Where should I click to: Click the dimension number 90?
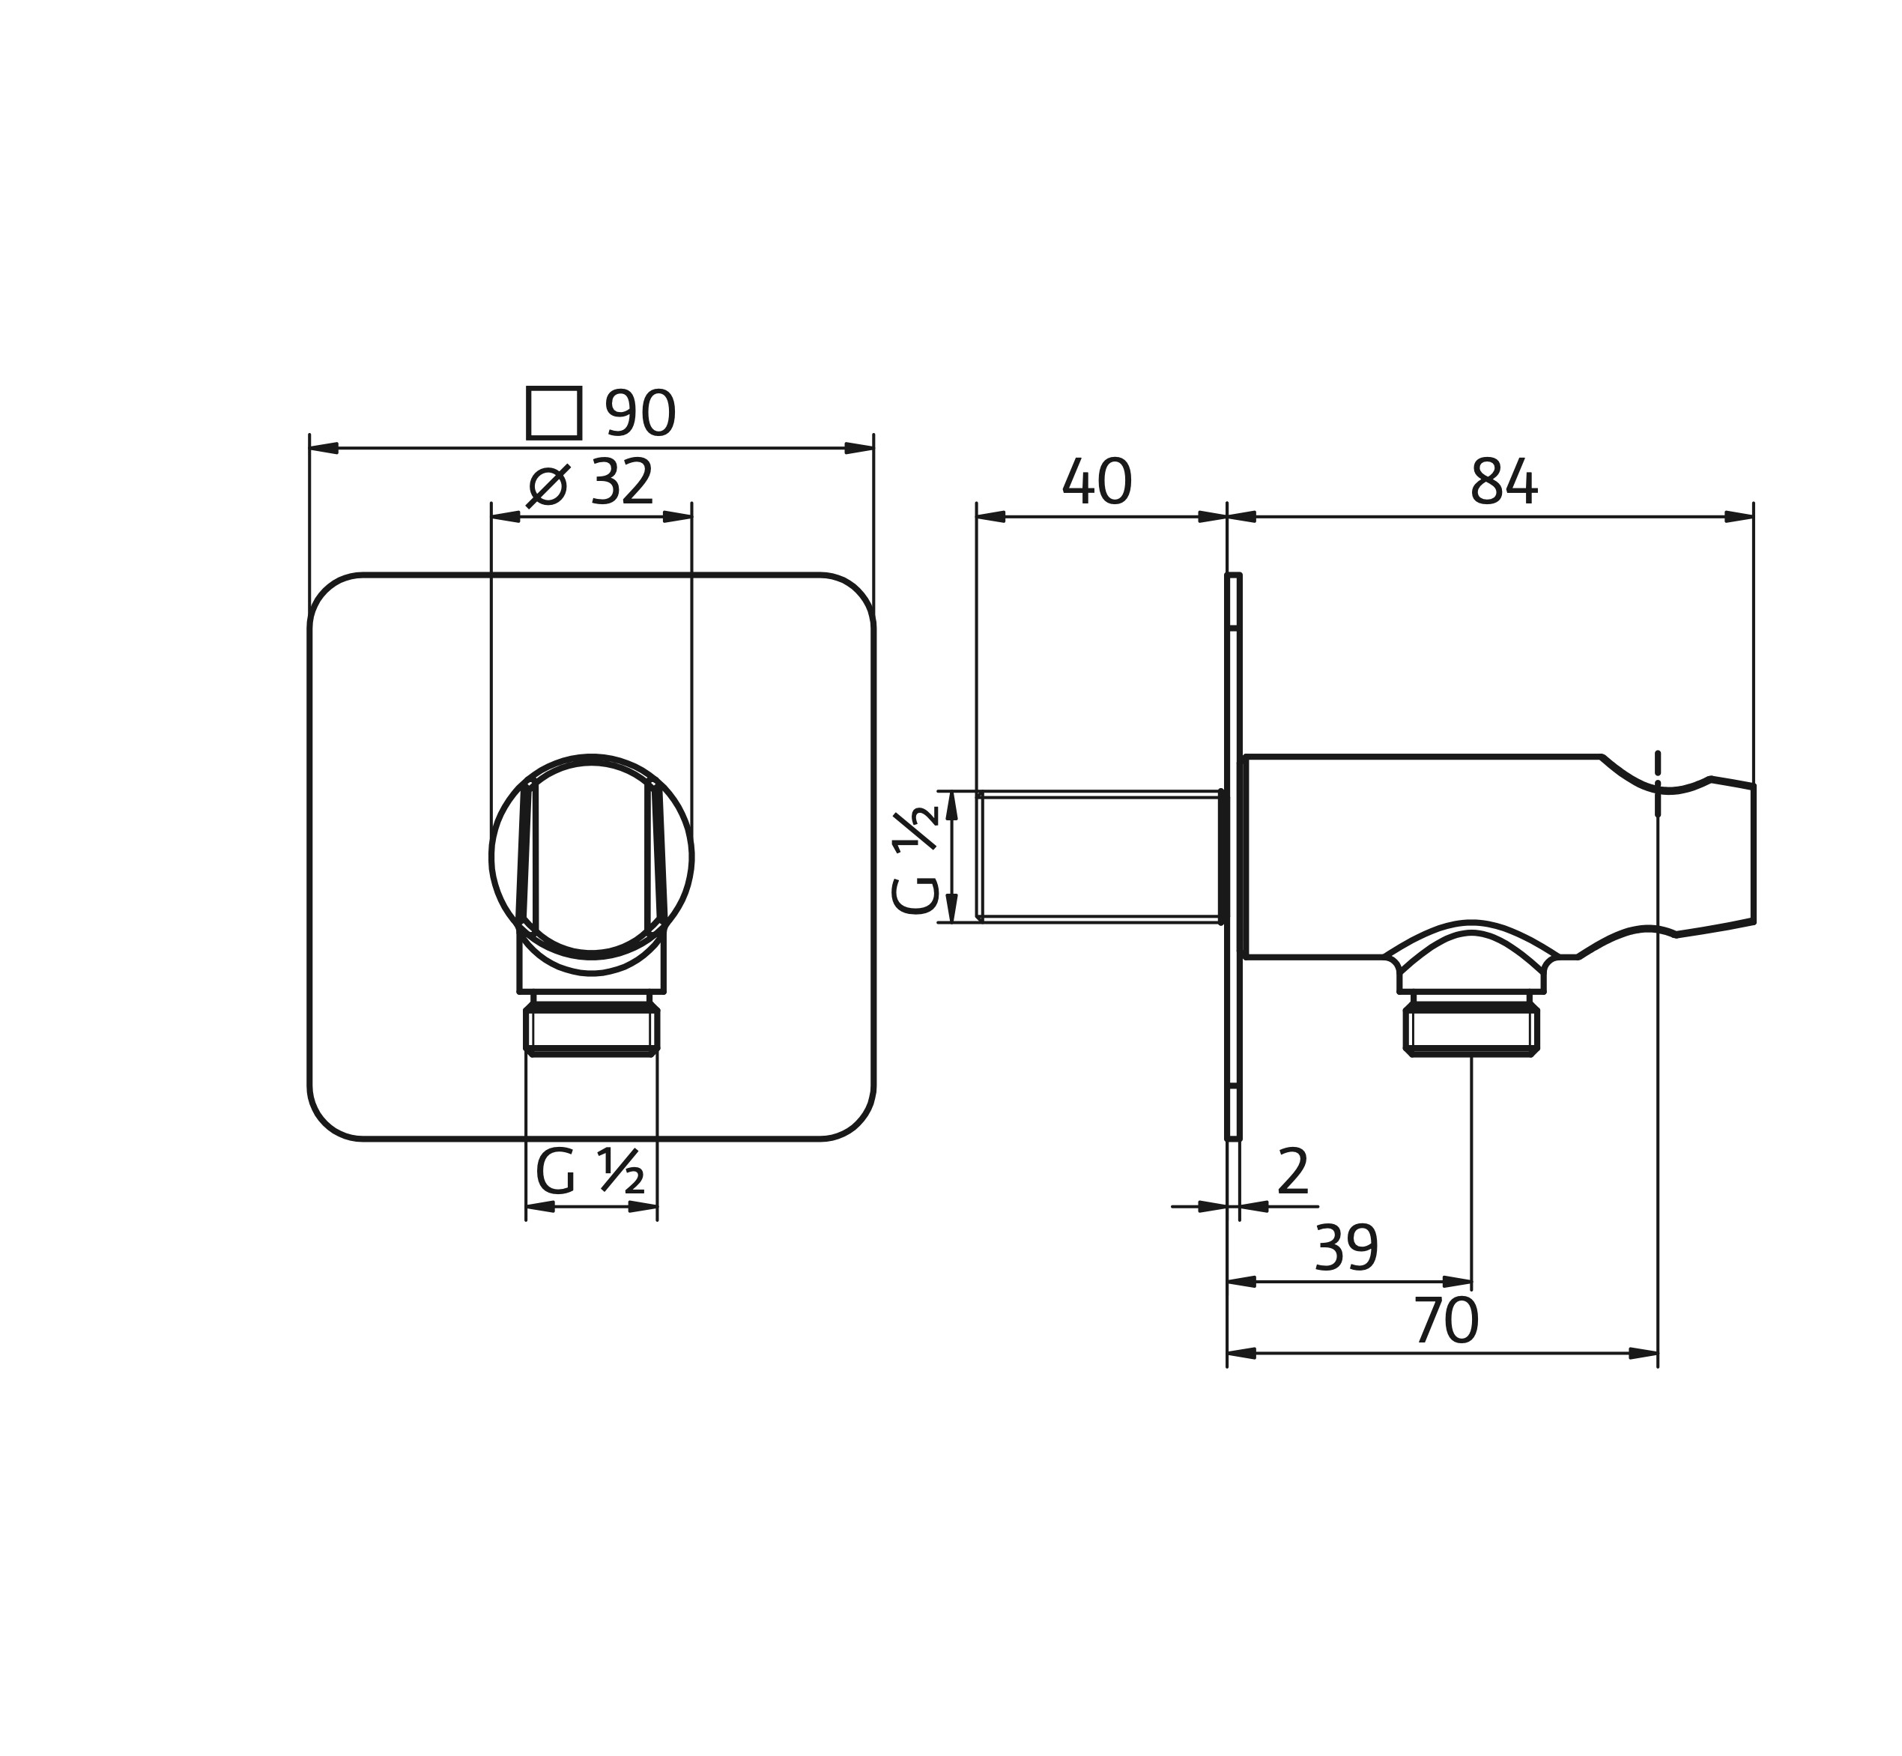[x=640, y=414]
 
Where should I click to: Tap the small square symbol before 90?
[x=554, y=414]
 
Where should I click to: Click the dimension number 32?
[x=623, y=482]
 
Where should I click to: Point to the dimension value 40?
[x=1097, y=482]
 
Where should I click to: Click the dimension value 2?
[x=1293, y=1172]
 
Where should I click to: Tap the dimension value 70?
[x=1446, y=1321]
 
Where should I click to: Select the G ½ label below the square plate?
[x=590, y=1172]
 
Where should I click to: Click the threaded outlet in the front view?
[x=591, y=1027]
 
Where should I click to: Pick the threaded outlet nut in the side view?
[x=1471, y=1027]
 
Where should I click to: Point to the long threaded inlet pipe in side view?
[x=1098, y=856]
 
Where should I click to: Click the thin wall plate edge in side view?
[x=1233, y=856]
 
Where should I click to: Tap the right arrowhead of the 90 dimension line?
[x=860, y=447]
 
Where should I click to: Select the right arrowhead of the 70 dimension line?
[x=1644, y=1353]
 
